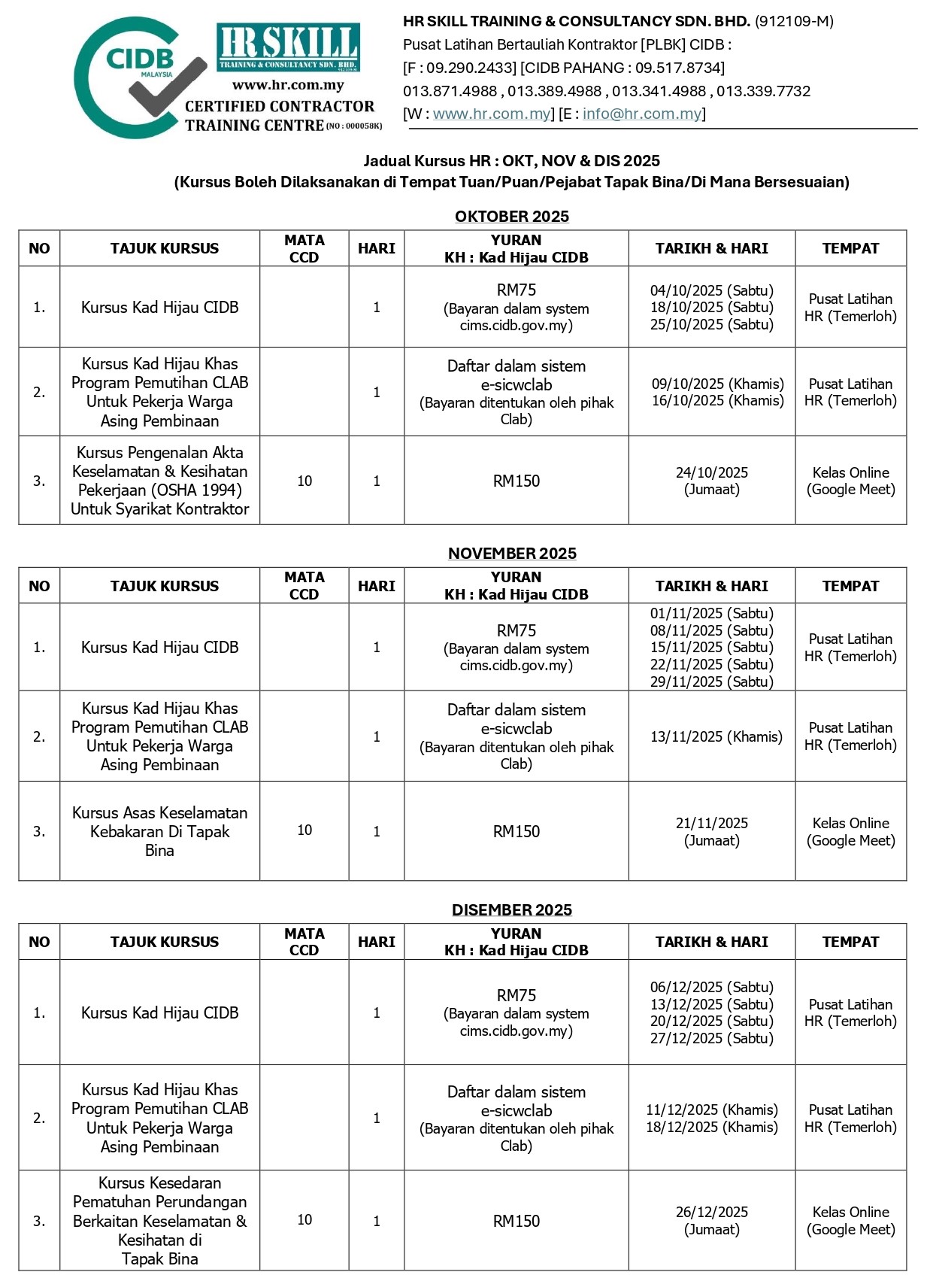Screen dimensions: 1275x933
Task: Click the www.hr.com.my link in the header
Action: coord(492,114)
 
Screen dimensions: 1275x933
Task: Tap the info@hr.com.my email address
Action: coord(641,114)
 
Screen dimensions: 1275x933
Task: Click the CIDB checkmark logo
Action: coord(139,77)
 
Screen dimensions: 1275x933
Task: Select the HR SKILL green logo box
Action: coord(288,47)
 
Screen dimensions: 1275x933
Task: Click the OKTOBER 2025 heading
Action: coord(511,217)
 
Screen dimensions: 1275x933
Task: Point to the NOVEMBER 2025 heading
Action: coord(511,554)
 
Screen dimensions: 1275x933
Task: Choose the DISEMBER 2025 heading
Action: coord(511,910)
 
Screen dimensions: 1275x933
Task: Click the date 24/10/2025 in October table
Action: coord(711,472)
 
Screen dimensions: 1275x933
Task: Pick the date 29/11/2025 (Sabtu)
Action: coord(711,682)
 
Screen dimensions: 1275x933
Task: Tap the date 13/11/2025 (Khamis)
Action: coord(716,736)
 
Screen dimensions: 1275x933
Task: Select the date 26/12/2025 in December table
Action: coord(711,1212)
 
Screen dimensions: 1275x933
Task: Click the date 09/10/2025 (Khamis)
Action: coord(717,384)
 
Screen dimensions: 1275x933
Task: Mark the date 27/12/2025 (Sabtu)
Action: coord(711,1038)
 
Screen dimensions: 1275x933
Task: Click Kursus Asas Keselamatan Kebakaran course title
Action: coord(159,831)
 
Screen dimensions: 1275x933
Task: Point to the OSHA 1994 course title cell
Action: coord(159,481)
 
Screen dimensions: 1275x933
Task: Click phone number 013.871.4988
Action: coord(450,91)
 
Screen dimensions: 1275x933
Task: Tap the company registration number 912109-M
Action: coord(794,21)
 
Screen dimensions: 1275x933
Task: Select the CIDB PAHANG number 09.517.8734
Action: coord(680,68)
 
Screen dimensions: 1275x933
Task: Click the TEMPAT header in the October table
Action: coord(850,248)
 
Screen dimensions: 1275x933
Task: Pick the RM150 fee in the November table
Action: coord(516,831)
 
